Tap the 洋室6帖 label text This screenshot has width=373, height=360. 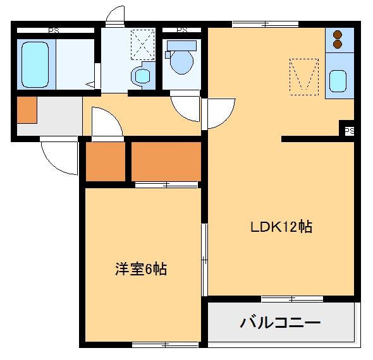click(140, 269)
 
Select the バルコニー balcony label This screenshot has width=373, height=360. click(280, 323)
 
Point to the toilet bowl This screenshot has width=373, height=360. click(181, 62)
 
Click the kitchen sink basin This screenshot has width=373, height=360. click(338, 81)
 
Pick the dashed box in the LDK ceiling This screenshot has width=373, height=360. click(303, 76)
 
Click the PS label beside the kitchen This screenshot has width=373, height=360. click(349, 131)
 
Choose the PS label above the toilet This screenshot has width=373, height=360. click(181, 30)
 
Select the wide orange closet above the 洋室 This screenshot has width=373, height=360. click(166, 161)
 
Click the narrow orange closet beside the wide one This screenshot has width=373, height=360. click(106, 162)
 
